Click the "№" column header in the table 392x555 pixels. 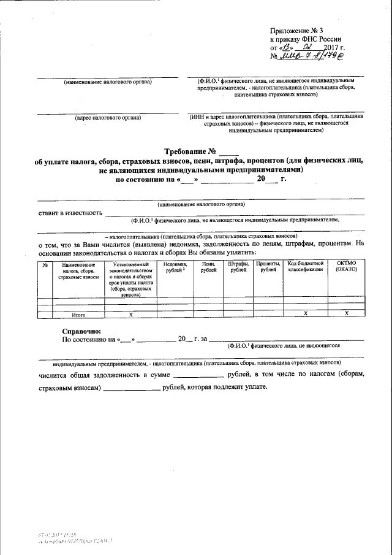point(45,265)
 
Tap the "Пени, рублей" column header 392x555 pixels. point(208,267)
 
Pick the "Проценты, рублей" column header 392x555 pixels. point(267,267)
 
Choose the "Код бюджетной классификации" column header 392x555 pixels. point(305,267)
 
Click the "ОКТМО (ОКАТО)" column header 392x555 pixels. point(345,267)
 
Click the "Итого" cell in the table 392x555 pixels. point(78,315)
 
